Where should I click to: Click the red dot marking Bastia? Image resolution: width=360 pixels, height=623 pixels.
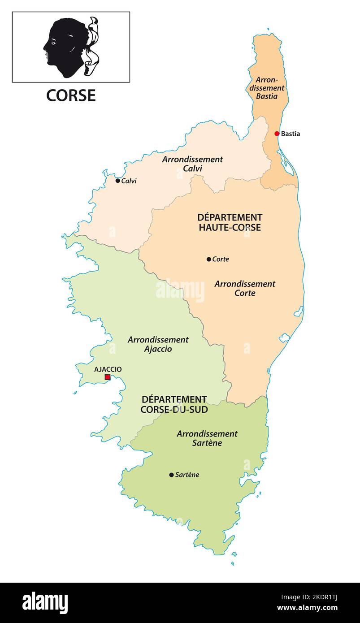277,134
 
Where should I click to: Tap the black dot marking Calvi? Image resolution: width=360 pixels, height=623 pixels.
117,181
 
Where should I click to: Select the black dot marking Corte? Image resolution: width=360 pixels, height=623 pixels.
208,259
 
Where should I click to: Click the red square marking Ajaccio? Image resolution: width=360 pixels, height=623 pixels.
108,377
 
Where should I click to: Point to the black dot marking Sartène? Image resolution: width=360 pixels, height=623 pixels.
171,475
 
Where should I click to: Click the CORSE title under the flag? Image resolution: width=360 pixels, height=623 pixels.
71,95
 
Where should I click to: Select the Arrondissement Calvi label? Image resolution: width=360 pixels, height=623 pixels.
192,164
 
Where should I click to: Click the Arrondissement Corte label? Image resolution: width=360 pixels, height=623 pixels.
245,288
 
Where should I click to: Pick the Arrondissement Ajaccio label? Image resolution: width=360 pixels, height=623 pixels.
158,344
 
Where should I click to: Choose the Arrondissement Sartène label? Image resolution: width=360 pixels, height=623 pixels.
207,438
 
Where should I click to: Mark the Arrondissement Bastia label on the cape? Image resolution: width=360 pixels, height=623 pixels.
267,88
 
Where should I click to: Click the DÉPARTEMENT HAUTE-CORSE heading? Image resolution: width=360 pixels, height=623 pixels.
230,222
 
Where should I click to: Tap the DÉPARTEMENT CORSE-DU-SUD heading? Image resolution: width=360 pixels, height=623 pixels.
174,404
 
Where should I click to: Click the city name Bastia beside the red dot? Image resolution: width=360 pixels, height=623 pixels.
291,134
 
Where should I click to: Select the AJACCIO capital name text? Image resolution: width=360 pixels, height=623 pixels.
108,369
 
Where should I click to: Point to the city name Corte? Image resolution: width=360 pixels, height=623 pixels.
221,259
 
